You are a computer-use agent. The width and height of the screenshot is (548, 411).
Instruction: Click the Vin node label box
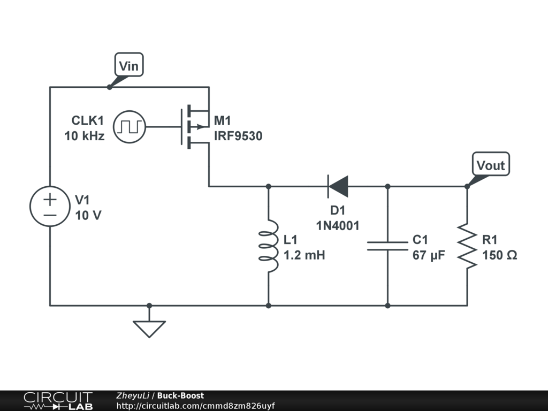click(x=129, y=65)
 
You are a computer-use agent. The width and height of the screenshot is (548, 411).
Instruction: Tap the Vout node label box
click(x=491, y=164)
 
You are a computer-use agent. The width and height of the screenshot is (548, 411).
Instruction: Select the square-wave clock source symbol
click(x=130, y=127)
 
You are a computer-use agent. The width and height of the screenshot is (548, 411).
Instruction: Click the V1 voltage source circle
click(x=50, y=206)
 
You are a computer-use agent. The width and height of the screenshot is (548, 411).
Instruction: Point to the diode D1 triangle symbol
click(x=338, y=187)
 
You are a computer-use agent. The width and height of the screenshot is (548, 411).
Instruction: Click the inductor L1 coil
click(x=269, y=246)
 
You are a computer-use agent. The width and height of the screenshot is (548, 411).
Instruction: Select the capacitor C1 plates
click(x=387, y=246)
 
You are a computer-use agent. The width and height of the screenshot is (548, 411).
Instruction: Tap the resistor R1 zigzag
click(x=467, y=246)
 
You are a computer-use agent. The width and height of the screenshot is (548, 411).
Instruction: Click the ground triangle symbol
click(x=149, y=329)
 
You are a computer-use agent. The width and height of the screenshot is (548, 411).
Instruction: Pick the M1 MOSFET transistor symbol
click(x=195, y=127)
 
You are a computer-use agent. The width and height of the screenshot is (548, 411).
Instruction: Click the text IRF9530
click(x=238, y=136)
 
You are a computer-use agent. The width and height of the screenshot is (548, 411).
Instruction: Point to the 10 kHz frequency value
click(x=84, y=136)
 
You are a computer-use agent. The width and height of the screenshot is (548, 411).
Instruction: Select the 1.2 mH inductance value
click(x=305, y=255)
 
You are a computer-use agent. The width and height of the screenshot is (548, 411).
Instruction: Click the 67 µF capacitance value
click(x=429, y=255)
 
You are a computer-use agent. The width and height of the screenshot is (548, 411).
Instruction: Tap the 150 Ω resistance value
click(x=500, y=255)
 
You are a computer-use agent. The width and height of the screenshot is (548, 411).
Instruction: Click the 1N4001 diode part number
click(x=338, y=226)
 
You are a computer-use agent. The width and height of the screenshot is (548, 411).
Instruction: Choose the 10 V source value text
click(x=88, y=215)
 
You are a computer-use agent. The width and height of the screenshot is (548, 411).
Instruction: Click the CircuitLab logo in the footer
click(x=58, y=401)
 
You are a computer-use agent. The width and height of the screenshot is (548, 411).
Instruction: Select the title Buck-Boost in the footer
click(x=180, y=395)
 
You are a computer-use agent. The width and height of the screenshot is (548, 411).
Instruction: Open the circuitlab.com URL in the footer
click(x=195, y=406)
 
